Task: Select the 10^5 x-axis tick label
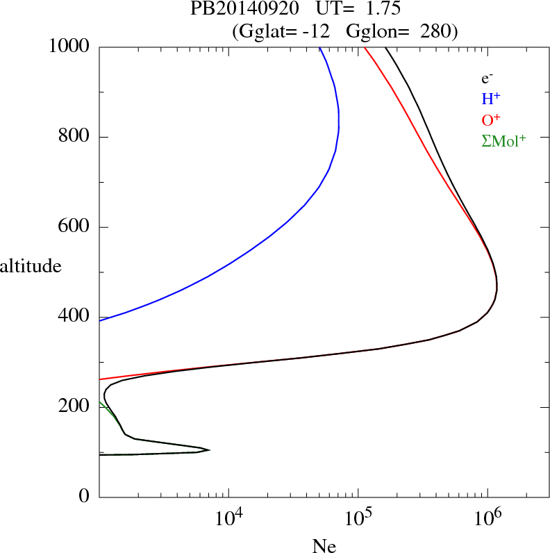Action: (358, 518)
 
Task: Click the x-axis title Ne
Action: (324, 545)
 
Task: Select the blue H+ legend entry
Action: (491, 99)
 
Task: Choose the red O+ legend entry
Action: (491, 119)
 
